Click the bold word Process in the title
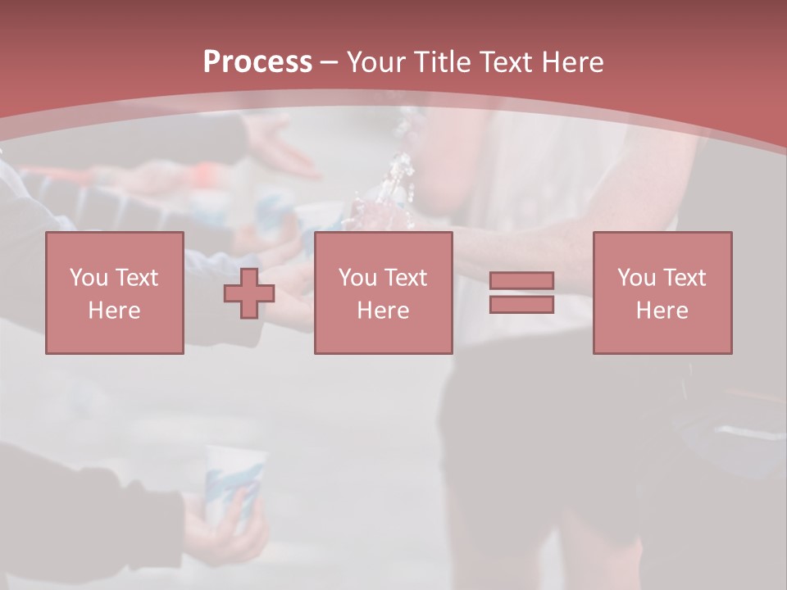point(257,61)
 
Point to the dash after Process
point(329,63)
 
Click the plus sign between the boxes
point(249,293)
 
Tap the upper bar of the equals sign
point(521,280)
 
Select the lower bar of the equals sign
point(521,304)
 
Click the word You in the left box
point(89,278)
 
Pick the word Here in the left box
point(114,311)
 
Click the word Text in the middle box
point(405,278)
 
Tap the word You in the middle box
point(357,278)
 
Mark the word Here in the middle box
point(383,311)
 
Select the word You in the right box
point(637,278)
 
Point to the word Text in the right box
point(684,278)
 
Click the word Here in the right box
point(662,311)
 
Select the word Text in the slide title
point(506,61)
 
